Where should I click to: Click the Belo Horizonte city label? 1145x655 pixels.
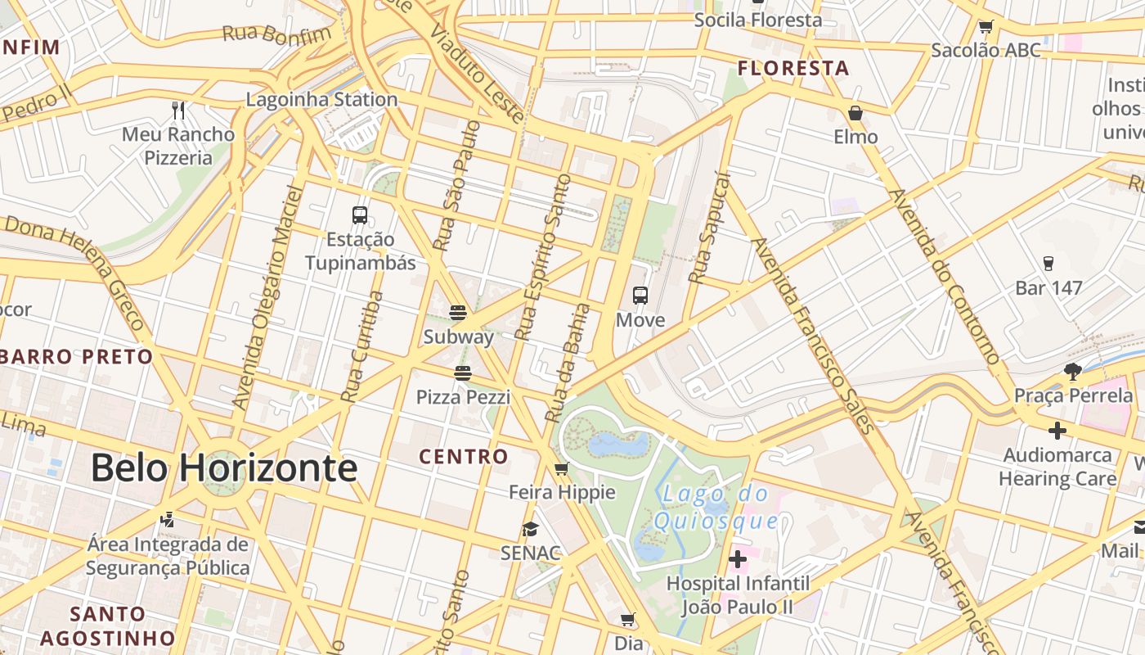click(x=223, y=468)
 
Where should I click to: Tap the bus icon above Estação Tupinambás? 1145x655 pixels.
click(x=360, y=215)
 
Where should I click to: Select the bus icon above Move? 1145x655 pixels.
click(x=640, y=296)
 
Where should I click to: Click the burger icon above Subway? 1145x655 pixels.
click(x=458, y=312)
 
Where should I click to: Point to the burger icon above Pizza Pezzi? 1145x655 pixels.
click(x=463, y=373)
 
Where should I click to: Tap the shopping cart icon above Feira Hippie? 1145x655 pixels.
click(x=561, y=469)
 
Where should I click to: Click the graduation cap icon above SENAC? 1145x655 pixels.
click(x=531, y=529)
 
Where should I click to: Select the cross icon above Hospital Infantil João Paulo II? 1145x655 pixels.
click(x=738, y=559)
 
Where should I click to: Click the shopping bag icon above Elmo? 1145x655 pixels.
click(x=855, y=113)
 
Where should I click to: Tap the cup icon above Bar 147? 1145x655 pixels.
click(x=1048, y=264)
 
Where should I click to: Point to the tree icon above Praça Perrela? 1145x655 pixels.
click(x=1073, y=372)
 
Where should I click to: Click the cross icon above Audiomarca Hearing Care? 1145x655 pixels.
click(x=1057, y=431)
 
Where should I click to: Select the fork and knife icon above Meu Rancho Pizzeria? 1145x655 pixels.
click(x=178, y=110)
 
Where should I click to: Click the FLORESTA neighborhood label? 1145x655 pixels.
click(x=793, y=68)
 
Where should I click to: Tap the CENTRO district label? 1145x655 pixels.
click(x=464, y=456)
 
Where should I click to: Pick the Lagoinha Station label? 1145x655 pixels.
click(x=322, y=100)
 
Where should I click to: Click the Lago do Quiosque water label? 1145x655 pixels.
click(x=717, y=507)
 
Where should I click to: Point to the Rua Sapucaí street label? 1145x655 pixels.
click(x=708, y=227)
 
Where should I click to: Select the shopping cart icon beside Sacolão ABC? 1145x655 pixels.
click(x=986, y=27)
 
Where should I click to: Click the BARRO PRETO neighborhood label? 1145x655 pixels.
click(x=77, y=357)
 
